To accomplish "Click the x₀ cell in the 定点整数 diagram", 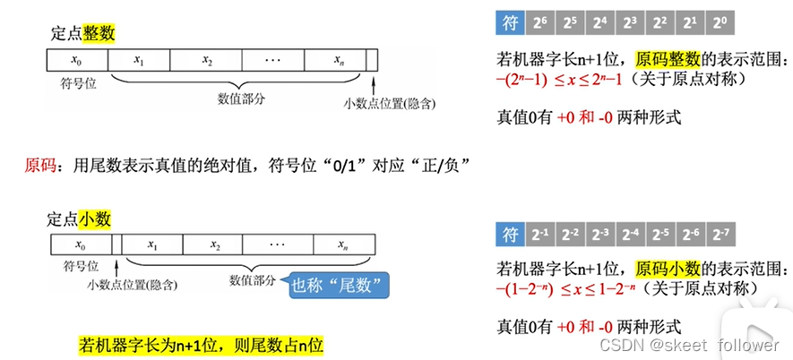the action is pyautogui.click(x=77, y=60).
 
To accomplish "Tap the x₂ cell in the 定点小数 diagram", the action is pyautogui.click(x=215, y=244).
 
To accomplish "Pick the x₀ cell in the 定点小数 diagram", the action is pyautogui.click(x=81, y=244).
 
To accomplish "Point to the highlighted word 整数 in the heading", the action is pyautogui.click(x=99, y=34).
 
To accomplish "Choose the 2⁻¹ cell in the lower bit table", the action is pyautogui.click(x=540, y=236).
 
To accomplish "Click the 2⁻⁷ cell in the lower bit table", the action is pyautogui.click(x=720, y=236).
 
